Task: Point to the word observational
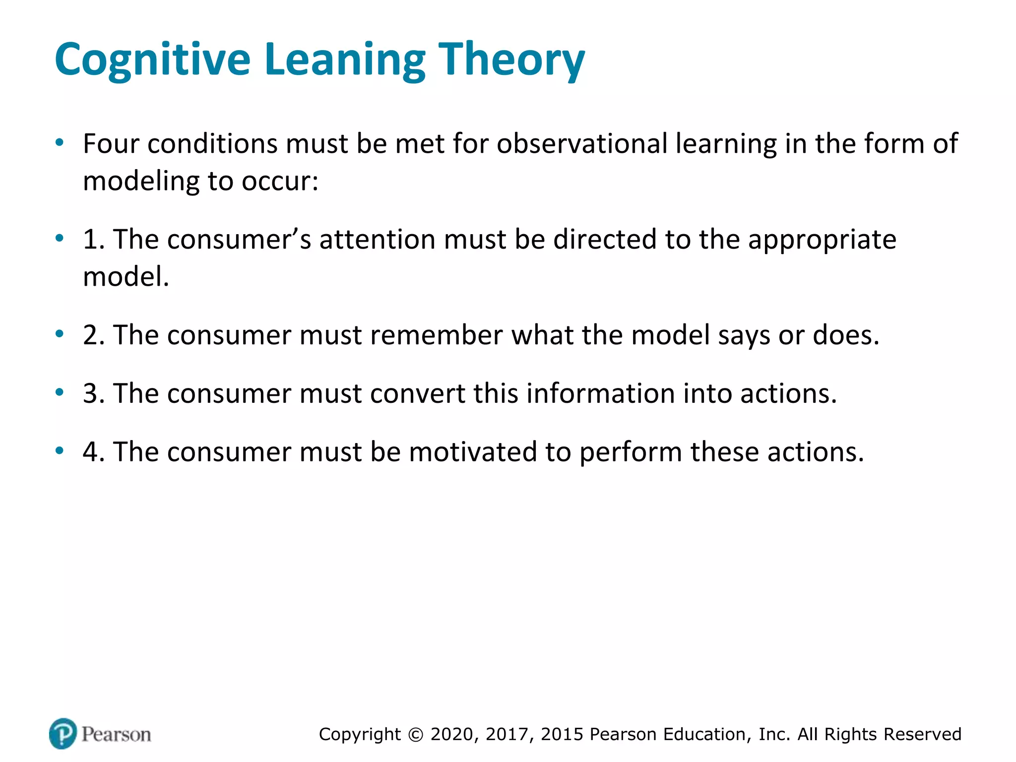[581, 144]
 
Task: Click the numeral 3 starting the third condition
[91, 394]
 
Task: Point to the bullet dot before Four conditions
[60, 143]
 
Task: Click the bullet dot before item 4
[60, 451]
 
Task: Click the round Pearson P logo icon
[63, 733]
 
